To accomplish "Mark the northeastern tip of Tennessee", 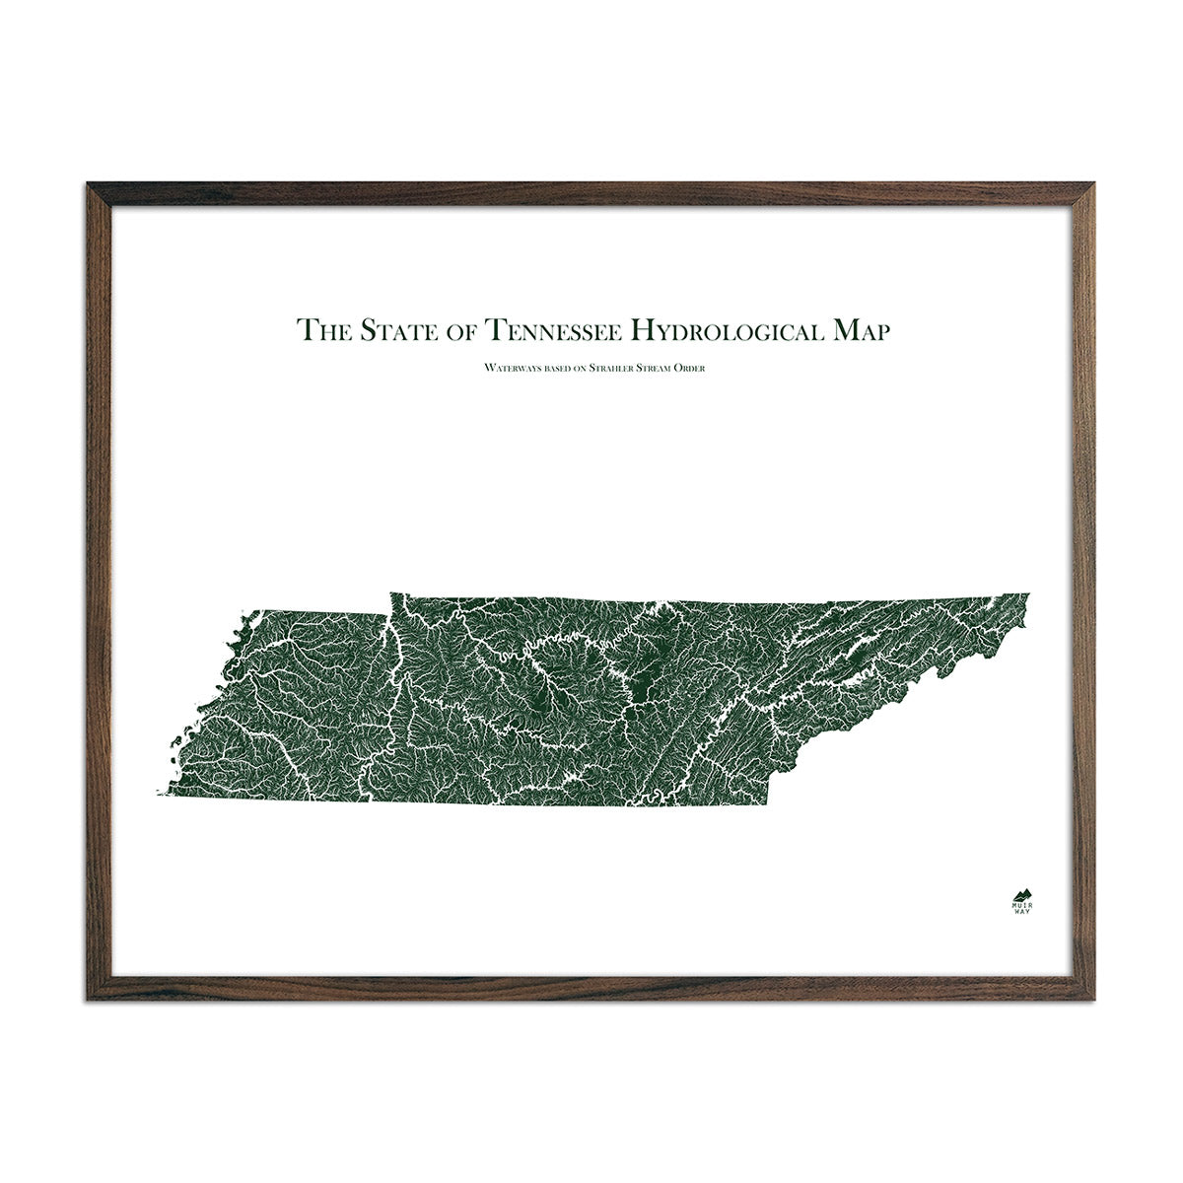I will pos(1028,594).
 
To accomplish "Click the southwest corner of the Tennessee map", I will pos(156,794).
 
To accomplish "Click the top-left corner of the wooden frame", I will pos(90,185).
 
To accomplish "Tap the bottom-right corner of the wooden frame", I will pos(1094,998).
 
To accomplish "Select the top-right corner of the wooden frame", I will pos(1094,185).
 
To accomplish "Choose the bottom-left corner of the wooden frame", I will pos(90,998).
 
